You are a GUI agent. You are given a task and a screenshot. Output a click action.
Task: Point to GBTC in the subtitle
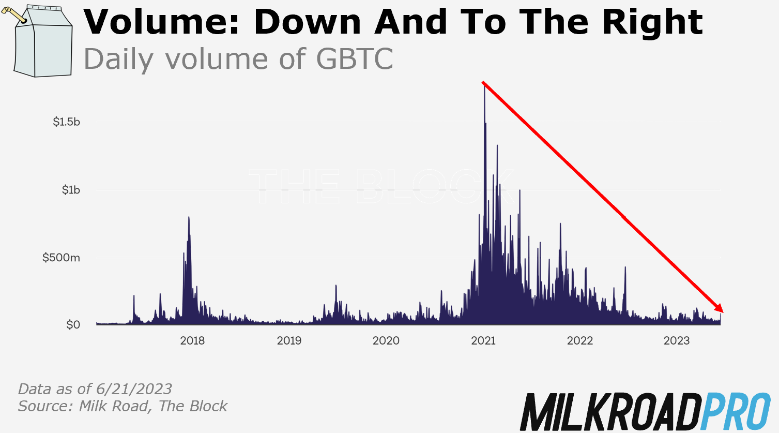point(354,59)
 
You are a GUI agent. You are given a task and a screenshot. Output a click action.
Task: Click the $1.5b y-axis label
point(67,122)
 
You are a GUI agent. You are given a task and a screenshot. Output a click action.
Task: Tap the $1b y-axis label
point(71,190)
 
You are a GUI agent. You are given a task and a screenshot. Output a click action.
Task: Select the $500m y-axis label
point(62,258)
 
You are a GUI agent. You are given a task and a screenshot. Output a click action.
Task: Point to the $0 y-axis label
point(73,325)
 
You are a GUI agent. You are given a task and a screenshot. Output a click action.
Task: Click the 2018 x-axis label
point(192,340)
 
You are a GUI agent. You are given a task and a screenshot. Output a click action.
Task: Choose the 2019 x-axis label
point(289,340)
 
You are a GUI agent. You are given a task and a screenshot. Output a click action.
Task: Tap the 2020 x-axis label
point(386,340)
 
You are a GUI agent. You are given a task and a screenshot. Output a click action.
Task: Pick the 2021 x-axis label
point(483,340)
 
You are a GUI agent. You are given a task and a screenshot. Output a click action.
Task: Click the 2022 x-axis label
point(580,340)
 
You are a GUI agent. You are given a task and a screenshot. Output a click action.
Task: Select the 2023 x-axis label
point(677,340)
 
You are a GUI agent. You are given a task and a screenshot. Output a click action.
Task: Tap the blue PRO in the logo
point(737,412)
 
